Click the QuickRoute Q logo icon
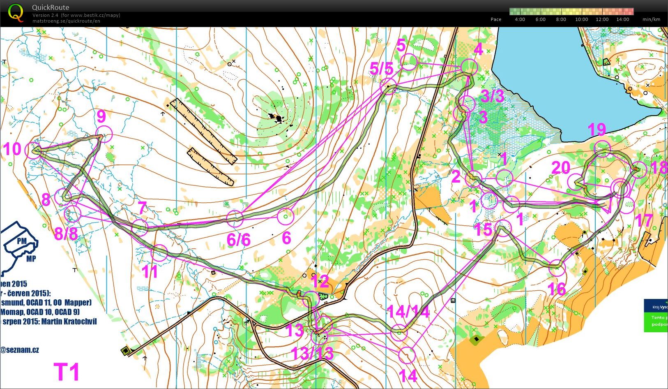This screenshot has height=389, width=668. [x=16, y=12]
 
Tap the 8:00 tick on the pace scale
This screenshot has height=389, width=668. [x=561, y=19]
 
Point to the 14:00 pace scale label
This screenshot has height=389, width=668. [x=622, y=19]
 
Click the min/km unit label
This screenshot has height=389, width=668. [x=651, y=19]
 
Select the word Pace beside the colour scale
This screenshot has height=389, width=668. [x=496, y=19]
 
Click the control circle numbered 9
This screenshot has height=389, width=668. [x=104, y=134]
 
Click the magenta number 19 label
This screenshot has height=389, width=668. [x=597, y=130]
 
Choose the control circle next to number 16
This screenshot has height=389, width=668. [x=557, y=268]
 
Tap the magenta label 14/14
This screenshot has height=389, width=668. [x=408, y=312]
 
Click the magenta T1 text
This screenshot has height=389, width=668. [x=67, y=372]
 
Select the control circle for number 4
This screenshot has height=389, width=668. [x=469, y=67]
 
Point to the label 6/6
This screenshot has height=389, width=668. [x=238, y=240]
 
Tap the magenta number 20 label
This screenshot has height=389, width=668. [x=560, y=168]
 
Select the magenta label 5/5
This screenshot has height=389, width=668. [x=382, y=69]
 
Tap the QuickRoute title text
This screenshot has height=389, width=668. [x=51, y=7]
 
